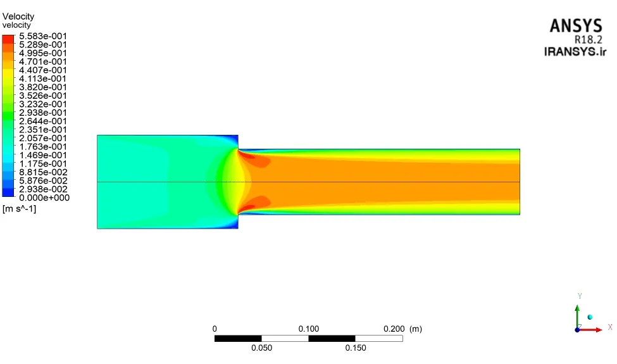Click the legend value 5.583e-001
coord(43,36)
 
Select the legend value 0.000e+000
coord(44,198)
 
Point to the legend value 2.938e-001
coord(43,113)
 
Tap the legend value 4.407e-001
coord(43,70)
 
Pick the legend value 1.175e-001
coord(43,164)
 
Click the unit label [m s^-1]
coord(19,209)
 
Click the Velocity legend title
coord(18,16)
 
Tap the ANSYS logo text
coord(576,26)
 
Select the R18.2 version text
coord(589,40)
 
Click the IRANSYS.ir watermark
coord(575,51)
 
